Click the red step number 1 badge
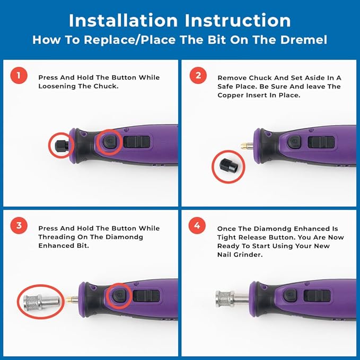point(19,75)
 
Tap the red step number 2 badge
point(198,75)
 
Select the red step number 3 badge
point(19,226)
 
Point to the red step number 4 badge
point(198,226)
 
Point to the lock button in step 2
point(294,142)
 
